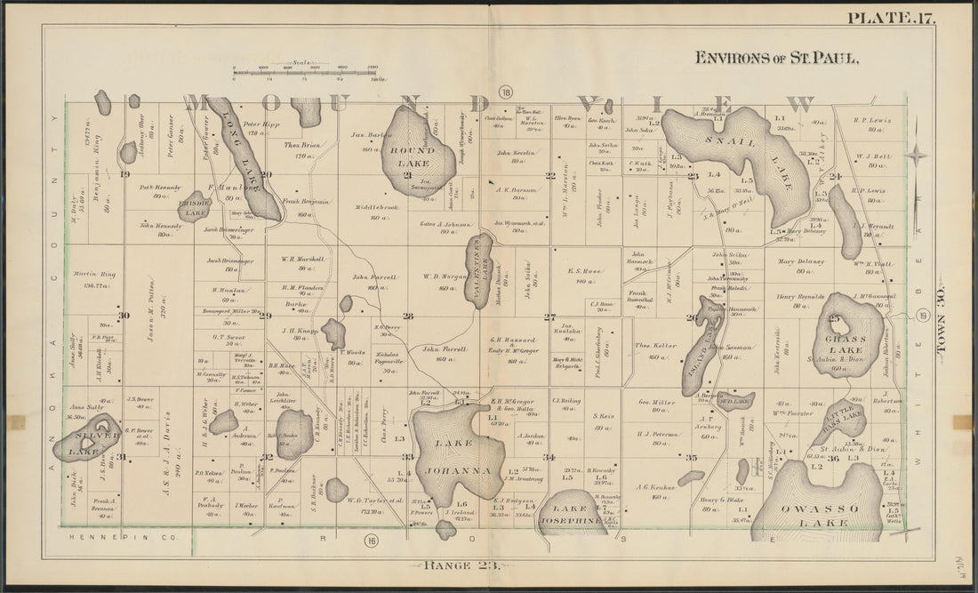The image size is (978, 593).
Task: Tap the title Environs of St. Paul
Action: pos(776,58)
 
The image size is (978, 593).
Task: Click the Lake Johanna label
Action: pos(458,456)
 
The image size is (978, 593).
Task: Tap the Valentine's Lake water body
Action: pos(479,271)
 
